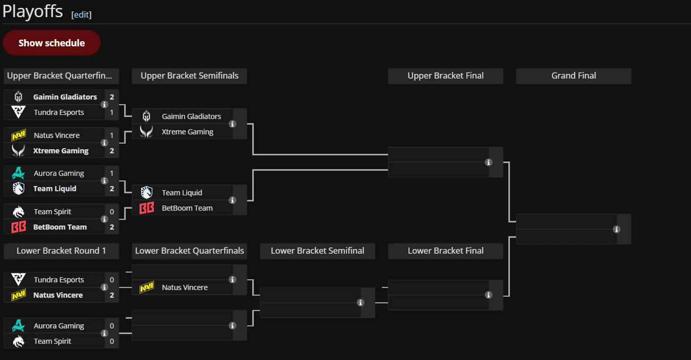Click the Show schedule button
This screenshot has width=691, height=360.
(52, 43)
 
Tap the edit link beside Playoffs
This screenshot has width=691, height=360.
(81, 15)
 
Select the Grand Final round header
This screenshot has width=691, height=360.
(574, 76)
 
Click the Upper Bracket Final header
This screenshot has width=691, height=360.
(445, 76)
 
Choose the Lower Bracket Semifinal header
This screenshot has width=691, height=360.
(318, 251)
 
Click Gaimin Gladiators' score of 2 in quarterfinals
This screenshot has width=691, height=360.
(112, 97)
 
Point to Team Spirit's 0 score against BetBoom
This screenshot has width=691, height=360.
(112, 212)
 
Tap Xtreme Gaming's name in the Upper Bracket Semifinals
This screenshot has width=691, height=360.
(187, 132)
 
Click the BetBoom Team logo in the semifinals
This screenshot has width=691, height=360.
(147, 208)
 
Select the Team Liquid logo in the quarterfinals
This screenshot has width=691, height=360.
(18, 189)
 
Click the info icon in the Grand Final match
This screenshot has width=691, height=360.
(616, 229)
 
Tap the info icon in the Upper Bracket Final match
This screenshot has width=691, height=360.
(488, 162)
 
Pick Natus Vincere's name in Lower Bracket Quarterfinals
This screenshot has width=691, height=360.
(185, 288)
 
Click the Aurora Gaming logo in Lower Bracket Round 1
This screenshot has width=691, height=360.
(18, 326)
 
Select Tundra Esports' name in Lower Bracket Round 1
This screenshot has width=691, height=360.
(59, 280)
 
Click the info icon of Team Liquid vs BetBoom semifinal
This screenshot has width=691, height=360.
(232, 201)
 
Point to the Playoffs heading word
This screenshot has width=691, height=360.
(32, 11)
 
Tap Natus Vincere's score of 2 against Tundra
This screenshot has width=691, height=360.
(112, 295)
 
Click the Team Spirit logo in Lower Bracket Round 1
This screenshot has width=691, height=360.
(18, 341)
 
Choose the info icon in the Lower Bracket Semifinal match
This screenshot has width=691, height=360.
(360, 303)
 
